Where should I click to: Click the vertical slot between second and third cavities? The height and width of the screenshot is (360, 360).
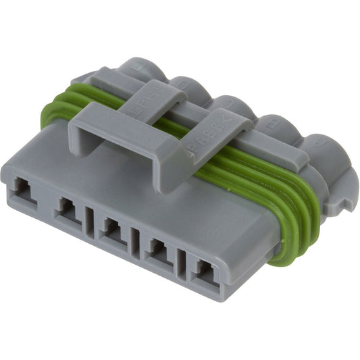click(x=90, y=220)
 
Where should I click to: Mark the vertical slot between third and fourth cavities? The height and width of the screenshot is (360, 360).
click(x=135, y=238)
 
